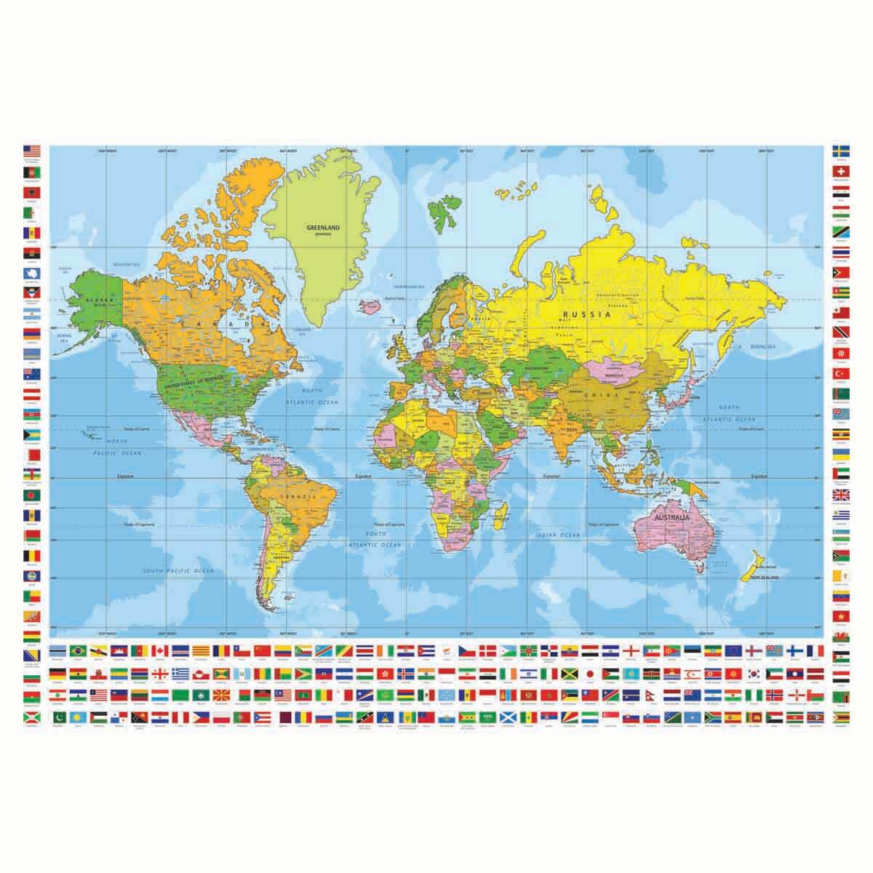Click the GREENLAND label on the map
click(x=324, y=227)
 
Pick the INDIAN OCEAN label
click(x=557, y=535)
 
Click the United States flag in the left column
click(x=32, y=152)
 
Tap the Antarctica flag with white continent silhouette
click(x=32, y=273)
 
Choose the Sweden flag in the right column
click(x=842, y=152)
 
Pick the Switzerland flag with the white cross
click(x=842, y=172)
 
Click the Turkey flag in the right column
click(x=842, y=373)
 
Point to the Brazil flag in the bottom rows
click(x=76, y=649)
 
